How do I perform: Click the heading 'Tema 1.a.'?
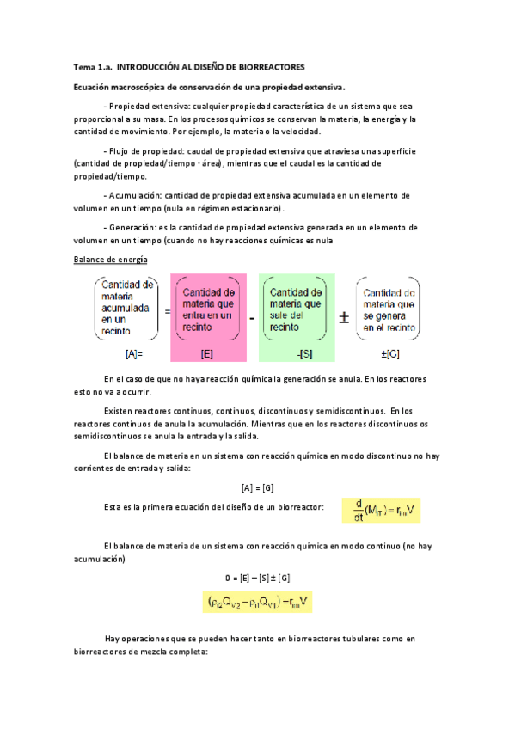[92, 66]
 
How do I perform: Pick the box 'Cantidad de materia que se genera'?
[389, 308]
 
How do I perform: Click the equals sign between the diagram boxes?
[167, 313]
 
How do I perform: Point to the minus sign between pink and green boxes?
[252, 317]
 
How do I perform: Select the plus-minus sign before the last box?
[342, 317]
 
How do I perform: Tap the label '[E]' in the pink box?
[207, 353]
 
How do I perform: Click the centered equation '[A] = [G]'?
[257, 487]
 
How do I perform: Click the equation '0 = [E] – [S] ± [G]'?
[257, 577]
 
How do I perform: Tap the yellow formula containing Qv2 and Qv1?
[258, 603]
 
